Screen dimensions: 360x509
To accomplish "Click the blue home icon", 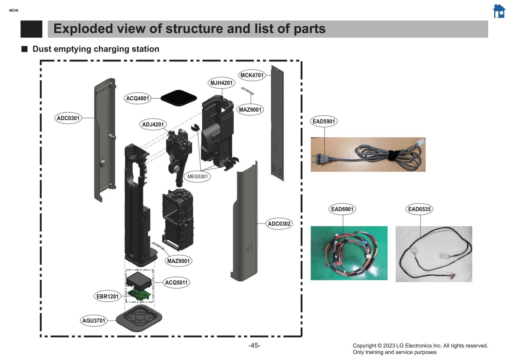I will click(499, 11).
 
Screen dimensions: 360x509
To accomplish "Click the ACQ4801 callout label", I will click(137, 98).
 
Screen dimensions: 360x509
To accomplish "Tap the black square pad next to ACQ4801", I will click(178, 98).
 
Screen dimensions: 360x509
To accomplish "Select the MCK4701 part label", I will click(252, 75).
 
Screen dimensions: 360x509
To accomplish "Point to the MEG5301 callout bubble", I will click(197, 176).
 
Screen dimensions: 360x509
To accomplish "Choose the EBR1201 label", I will click(108, 296).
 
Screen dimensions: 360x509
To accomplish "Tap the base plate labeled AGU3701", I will click(139, 318).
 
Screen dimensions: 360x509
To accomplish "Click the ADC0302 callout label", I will click(279, 224).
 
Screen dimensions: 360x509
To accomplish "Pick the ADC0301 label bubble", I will click(68, 118).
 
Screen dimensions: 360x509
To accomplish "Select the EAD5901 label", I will click(324, 121).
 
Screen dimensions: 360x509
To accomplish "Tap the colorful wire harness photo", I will click(349, 253).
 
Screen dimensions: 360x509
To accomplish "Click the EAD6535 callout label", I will click(419, 209).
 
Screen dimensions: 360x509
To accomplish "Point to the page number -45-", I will click(254, 345).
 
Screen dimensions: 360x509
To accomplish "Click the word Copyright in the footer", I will click(364, 346).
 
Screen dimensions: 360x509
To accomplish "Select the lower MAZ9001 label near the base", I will click(178, 261).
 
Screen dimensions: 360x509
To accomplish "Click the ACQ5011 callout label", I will click(176, 282).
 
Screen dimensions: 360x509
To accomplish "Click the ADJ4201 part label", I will click(153, 124).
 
